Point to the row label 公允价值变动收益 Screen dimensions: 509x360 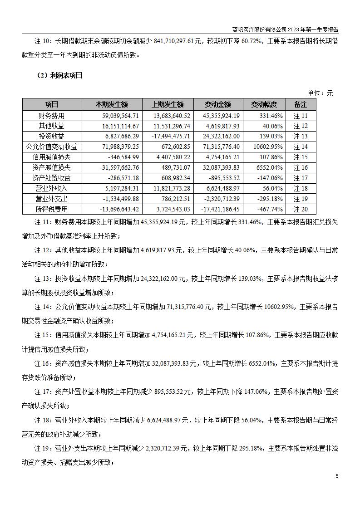52,147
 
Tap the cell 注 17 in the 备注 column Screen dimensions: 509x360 301,178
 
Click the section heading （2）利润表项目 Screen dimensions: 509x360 59,76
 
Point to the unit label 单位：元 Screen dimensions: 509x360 320,93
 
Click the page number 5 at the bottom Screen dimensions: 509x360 336,476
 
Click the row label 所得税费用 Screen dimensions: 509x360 52,209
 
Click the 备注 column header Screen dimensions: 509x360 301,105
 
